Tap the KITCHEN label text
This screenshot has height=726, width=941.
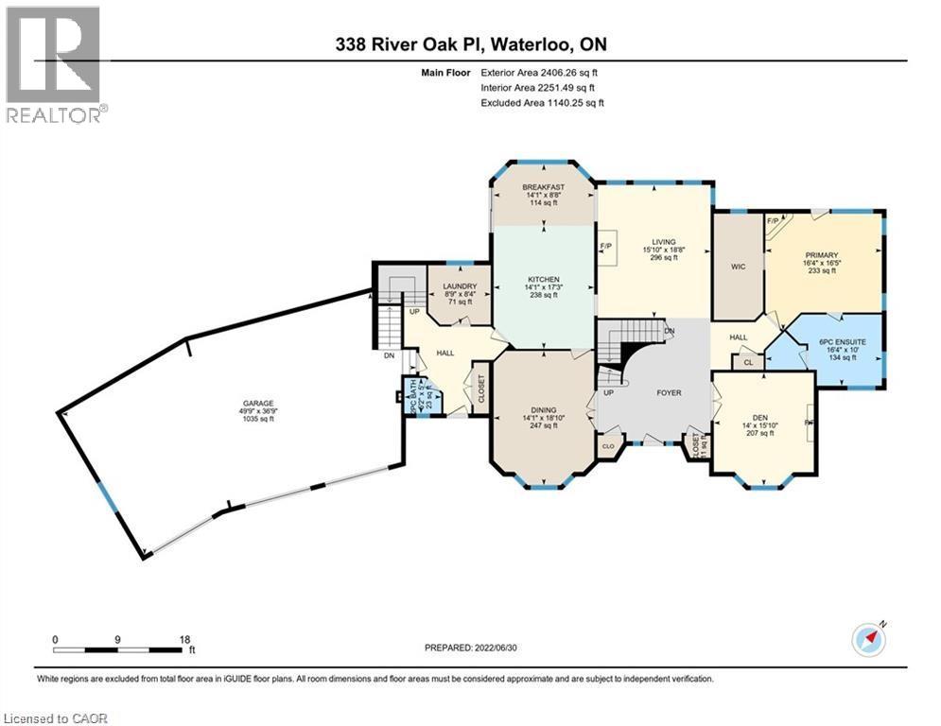(x=543, y=280)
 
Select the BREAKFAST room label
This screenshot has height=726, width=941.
(x=543, y=187)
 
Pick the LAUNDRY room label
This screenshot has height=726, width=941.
(x=459, y=286)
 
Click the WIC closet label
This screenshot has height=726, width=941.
(x=739, y=267)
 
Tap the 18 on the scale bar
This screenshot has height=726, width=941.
(x=184, y=639)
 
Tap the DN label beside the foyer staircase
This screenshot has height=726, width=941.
(x=670, y=331)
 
